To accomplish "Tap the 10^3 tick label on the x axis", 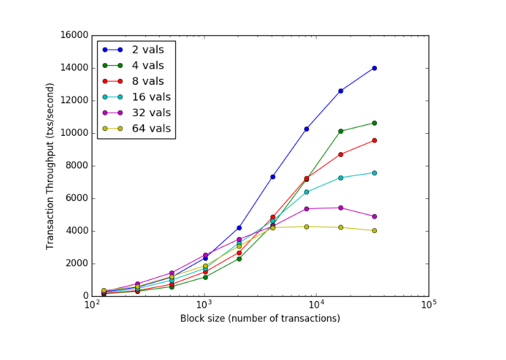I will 204,306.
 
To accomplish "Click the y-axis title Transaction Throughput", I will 51,166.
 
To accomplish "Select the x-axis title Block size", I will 260,319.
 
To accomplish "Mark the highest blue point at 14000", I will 374,68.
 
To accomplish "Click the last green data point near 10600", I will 374,123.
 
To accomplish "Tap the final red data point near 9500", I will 374,141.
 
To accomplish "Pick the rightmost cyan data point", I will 374,173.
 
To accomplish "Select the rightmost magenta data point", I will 374,216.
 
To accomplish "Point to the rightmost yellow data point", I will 374,230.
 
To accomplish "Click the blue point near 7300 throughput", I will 272,177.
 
